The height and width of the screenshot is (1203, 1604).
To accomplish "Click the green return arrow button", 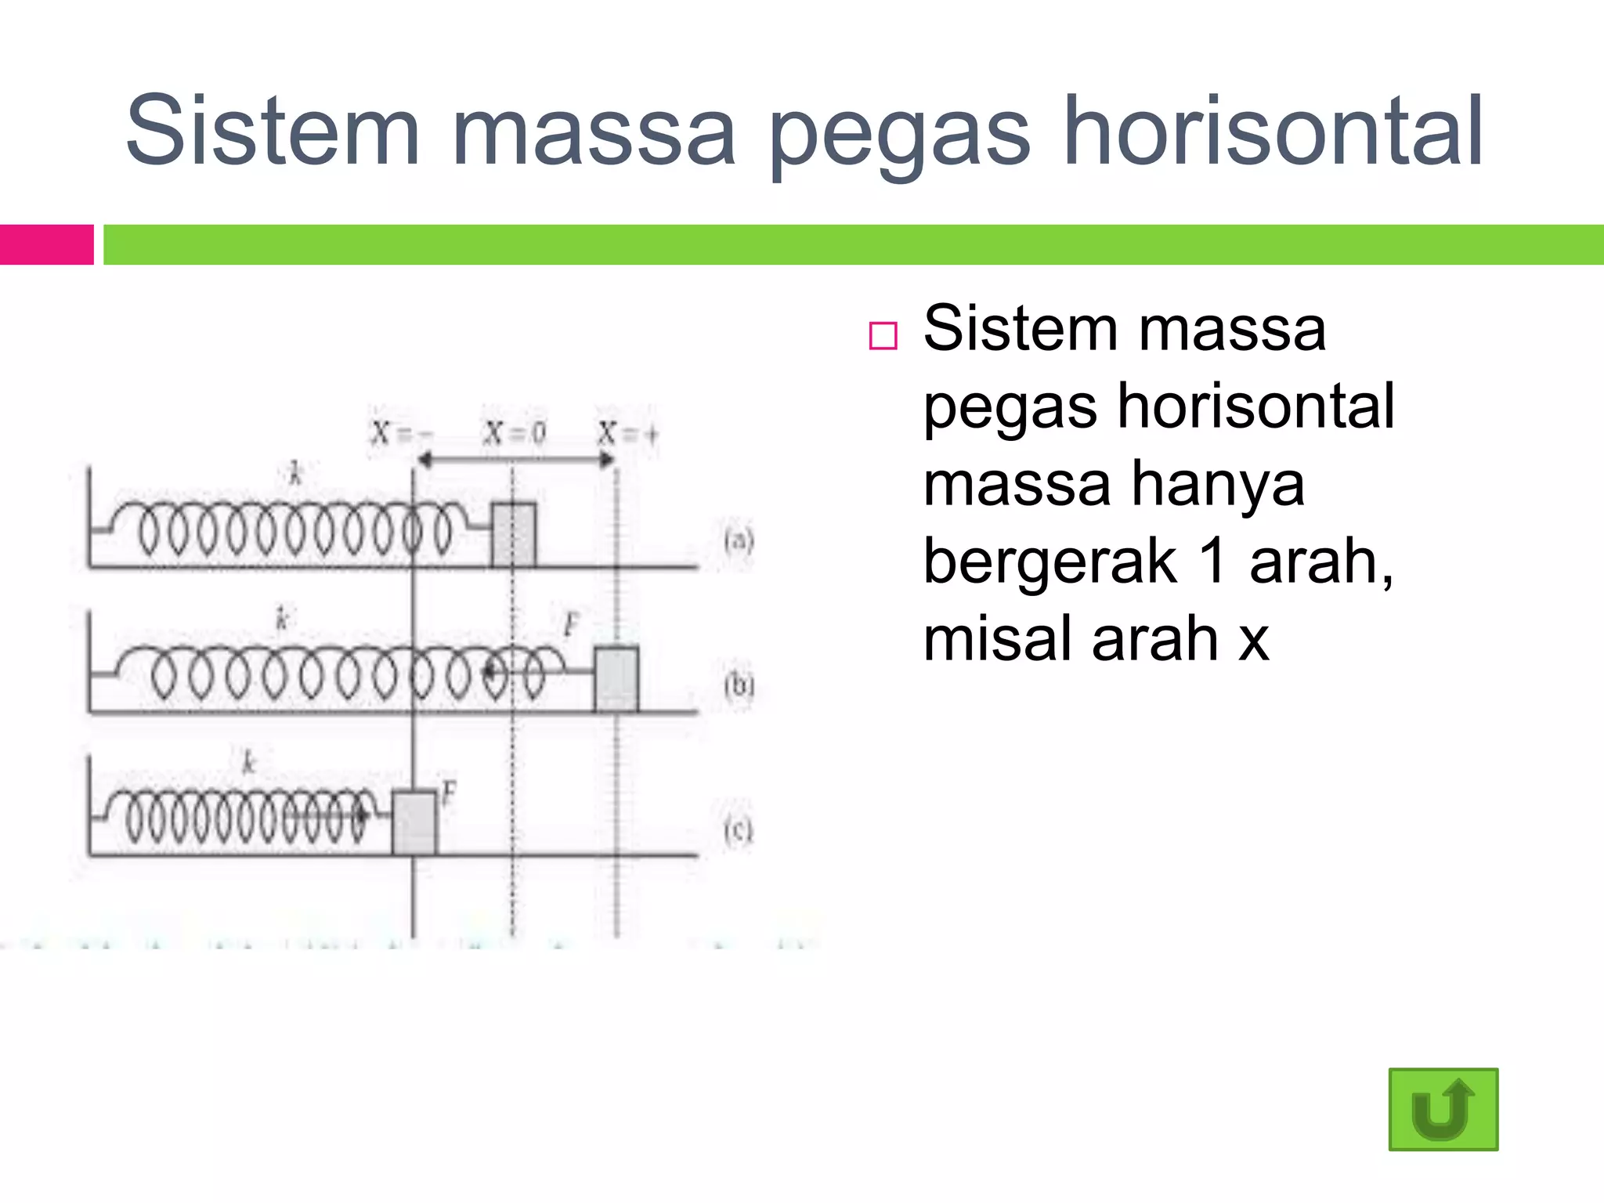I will pyautogui.click(x=1443, y=1109).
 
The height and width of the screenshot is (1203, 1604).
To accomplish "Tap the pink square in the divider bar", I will pyautogui.click(x=47, y=244).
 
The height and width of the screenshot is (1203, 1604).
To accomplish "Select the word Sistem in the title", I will pyautogui.click(x=273, y=132).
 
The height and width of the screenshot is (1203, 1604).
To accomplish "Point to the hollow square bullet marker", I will pyautogui.click(x=883, y=336).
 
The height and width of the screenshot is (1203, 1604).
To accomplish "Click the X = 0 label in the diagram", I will pyautogui.click(x=515, y=432).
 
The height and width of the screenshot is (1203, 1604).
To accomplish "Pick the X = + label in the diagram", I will pyautogui.click(x=627, y=432).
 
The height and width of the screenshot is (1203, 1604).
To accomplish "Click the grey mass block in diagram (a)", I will pyautogui.click(x=514, y=534).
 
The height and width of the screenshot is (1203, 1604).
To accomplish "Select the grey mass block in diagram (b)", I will pyautogui.click(x=616, y=678).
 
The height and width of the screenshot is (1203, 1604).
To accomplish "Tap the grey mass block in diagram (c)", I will pyautogui.click(x=414, y=822).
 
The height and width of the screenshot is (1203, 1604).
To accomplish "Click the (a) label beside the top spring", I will pyautogui.click(x=739, y=540).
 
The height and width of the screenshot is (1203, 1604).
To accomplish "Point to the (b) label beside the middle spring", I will pyautogui.click(x=739, y=685).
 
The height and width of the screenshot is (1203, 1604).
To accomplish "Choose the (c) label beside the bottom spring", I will pyautogui.click(x=739, y=830).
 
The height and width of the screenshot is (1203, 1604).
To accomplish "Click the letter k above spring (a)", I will pyautogui.click(x=295, y=473).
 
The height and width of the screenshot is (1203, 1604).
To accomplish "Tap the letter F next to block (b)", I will pyautogui.click(x=572, y=624).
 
